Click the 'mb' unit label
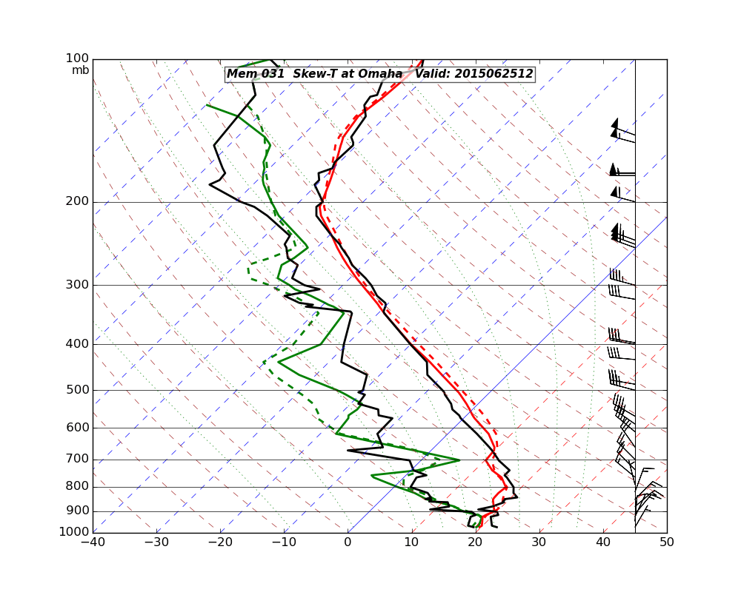tap(80, 70)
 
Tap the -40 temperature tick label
tap(93, 542)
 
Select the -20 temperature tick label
tap(220, 542)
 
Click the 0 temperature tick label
tap(348, 542)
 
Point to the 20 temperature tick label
tap(476, 542)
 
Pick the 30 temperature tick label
tap(539, 542)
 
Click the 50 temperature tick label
tap(667, 542)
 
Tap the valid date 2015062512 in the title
tap(494, 74)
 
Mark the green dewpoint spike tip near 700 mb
tap(459, 460)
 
